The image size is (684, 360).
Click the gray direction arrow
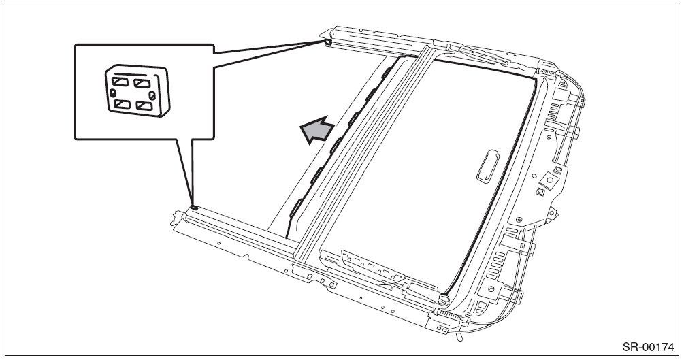click(317, 130)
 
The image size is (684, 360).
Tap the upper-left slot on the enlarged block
click(119, 82)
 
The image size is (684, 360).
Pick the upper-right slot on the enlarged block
click(142, 84)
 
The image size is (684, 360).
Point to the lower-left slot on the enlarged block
click(121, 104)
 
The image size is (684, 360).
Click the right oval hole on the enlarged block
click(159, 96)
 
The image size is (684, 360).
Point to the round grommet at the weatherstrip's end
click(444, 297)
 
